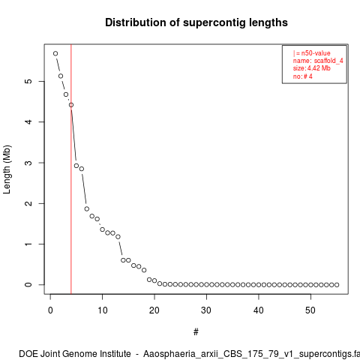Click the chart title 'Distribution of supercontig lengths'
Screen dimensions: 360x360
pos(196,22)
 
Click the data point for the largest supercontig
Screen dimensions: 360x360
pos(55,53)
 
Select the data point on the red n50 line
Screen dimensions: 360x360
pos(71,105)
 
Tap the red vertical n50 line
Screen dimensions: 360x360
pos(71,169)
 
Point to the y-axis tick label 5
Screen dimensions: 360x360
pos(28,81)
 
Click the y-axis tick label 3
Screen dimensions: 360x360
pos(28,163)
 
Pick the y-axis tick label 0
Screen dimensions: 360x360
pos(28,285)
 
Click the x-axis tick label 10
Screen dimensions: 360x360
pos(103,310)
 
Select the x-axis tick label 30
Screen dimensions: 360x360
pos(206,310)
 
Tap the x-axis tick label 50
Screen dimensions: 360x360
pos(310,310)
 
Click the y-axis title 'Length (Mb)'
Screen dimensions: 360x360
pos(7,169)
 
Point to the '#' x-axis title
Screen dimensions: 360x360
pos(196,332)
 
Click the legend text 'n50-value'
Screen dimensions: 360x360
pos(316,53)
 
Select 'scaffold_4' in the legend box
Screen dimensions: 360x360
pos(328,61)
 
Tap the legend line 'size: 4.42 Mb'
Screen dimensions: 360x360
pos(312,68)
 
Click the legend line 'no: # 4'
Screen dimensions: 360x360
pos(303,76)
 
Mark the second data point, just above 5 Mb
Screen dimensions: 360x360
pos(61,76)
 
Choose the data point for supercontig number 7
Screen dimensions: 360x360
pos(87,208)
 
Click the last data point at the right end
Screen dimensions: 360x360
pos(337,285)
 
